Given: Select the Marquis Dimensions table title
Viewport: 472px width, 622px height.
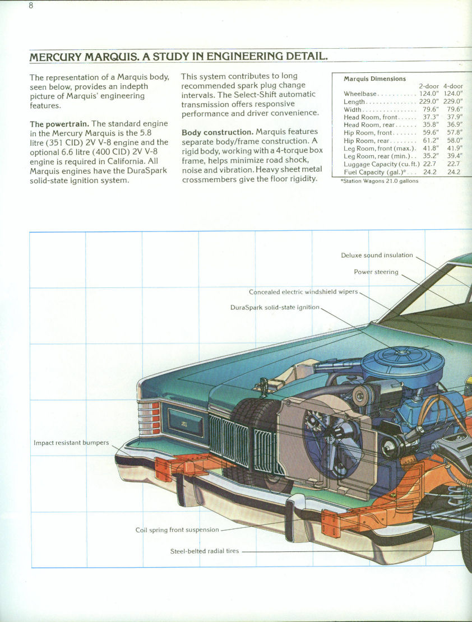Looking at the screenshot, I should coord(374,78).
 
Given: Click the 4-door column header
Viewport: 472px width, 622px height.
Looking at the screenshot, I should coord(453,86).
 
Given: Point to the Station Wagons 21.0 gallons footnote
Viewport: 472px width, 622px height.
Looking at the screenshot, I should coord(379,181).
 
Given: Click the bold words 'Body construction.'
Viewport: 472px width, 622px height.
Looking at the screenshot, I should coord(217,132).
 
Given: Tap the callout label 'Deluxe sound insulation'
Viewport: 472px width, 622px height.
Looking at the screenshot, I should coord(377,256).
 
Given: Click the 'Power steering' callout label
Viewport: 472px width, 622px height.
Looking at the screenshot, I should coord(376,272).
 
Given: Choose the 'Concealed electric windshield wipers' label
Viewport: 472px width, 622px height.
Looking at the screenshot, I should coord(303,292).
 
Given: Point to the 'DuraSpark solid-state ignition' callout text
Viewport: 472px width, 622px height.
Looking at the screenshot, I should coord(275,308).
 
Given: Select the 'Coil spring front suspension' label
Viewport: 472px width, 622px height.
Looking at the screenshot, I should coord(177,530).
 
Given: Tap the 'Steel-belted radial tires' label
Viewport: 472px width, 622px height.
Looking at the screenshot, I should coord(204,551).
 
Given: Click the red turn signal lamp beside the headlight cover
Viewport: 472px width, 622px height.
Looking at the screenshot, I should coord(149,419).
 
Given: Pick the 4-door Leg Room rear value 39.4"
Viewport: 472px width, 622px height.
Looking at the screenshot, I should coord(454,156).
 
